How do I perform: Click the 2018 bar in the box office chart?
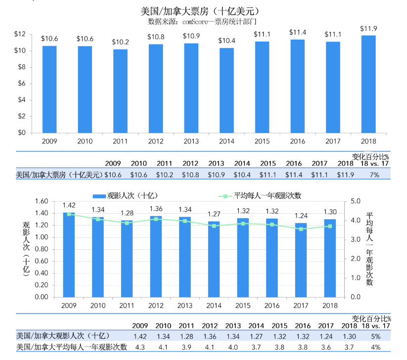pos(368,84)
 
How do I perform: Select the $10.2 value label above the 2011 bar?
pos(120,42)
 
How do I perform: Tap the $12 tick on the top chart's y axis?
pos(20,34)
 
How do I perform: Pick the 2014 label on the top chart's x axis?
pos(226,141)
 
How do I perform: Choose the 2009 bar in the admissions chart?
pos(69,255)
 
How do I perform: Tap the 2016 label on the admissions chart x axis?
pos(271,306)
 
